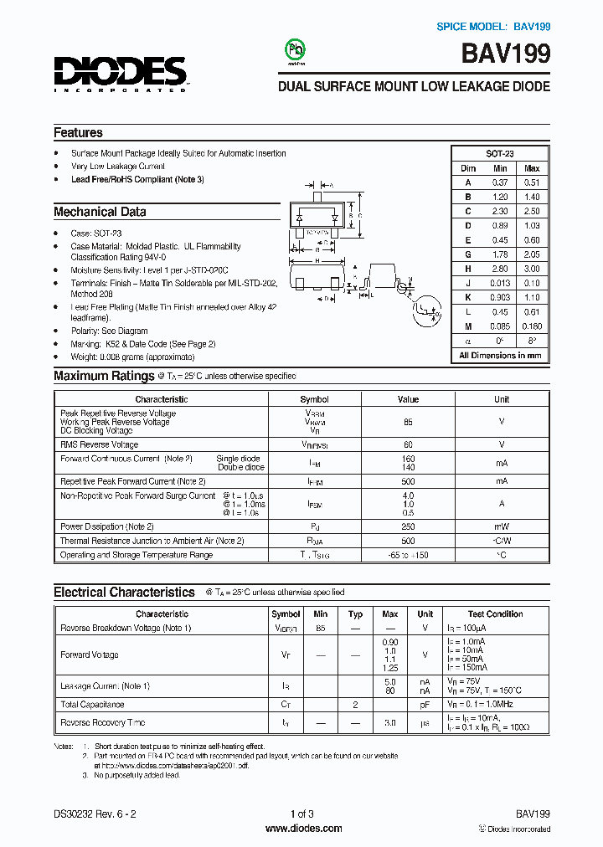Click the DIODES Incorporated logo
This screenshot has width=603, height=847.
click(x=120, y=74)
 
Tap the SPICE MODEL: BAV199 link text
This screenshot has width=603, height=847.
click(x=493, y=27)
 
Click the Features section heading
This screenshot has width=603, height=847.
click(x=78, y=132)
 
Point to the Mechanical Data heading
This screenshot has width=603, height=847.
click(x=100, y=212)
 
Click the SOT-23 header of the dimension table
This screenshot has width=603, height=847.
click(x=501, y=154)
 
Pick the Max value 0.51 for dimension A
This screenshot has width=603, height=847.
click(x=531, y=182)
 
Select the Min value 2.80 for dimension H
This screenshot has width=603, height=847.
click(x=500, y=269)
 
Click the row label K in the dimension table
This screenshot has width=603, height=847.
click(x=468, y=297)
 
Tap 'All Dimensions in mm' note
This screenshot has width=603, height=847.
click(x=500, y=355)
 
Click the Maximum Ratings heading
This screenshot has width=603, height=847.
click(x=104, y=376)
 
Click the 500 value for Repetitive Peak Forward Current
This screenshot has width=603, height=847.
click(x=408, y=481)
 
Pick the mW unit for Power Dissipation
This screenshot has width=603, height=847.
click(x=501, y=526)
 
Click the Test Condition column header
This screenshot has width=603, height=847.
click(x=495, y=613)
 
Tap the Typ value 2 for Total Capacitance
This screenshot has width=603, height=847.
click(x=355, y=705)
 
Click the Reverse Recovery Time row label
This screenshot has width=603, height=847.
click(x=103, y=722)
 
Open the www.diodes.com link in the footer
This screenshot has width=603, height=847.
click(x=303, y=829)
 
